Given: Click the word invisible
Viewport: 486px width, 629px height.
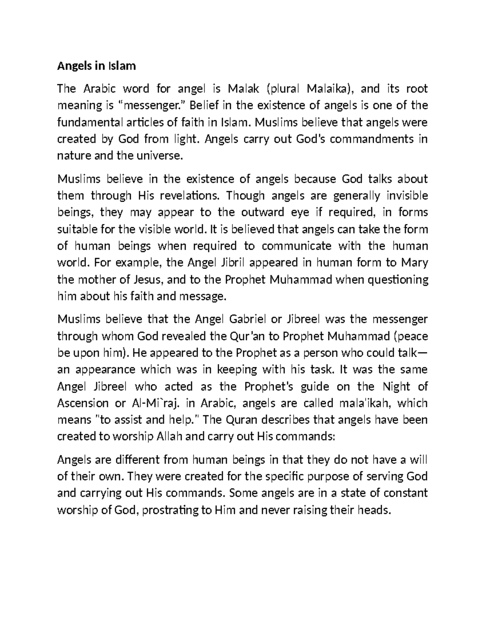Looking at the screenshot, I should tap(407, 196).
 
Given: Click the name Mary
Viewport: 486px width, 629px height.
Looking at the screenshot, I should tap(414, 263).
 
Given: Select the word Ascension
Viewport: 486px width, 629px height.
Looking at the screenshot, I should tap(83, 403).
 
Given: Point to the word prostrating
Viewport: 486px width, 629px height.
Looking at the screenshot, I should tap(171, 510).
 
